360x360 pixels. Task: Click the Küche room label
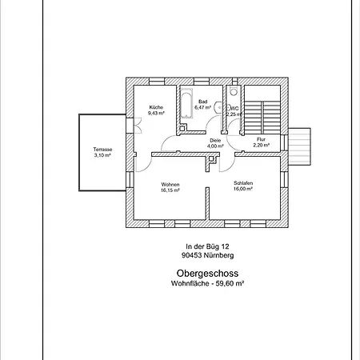point(156,107)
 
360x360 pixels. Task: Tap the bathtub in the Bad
point(186,103)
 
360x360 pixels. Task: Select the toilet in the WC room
point(234,91)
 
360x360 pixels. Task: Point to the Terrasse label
point(102,150)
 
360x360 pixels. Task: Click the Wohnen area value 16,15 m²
point(170,190)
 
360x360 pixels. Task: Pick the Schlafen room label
point(243,183)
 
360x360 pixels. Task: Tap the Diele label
point(215,140)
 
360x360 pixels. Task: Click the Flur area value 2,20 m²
point(262,145)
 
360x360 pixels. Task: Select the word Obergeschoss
point(207,274)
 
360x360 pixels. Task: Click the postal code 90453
point(191,255)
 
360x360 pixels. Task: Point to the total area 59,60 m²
point(230,283)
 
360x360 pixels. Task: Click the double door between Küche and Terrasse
point(138,126)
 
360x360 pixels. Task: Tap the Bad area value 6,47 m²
point(202,107)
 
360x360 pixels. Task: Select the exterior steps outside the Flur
point(300,146)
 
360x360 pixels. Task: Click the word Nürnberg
point(218,255)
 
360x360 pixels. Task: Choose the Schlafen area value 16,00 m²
point(243,189)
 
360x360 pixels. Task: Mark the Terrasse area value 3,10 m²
point(102,155)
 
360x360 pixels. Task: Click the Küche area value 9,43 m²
point(156,113)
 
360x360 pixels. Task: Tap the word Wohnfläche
point(190,283)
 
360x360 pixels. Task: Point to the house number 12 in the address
point(226,246)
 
